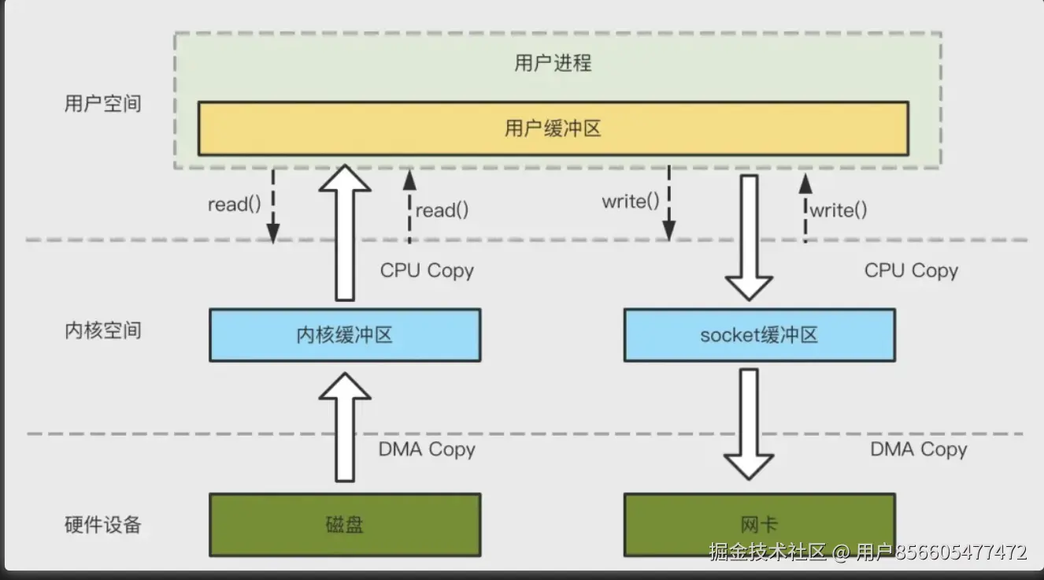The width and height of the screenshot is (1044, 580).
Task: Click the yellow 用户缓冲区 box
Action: point(553,128)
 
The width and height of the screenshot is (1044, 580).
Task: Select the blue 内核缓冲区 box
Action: point(345,335)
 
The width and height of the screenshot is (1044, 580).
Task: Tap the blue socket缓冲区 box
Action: point(759,335)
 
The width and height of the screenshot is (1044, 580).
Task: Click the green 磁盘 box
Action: point(345,525)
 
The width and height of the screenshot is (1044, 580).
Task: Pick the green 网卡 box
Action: point(759,525)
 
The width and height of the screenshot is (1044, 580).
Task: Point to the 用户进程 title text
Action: point(553,63)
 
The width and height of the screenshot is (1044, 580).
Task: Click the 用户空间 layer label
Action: point(103,103)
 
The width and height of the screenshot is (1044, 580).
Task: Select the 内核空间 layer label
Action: point(103,330)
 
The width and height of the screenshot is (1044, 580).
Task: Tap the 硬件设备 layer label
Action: point(103,525)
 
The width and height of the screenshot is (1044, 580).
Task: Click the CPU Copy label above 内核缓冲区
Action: point(427,270)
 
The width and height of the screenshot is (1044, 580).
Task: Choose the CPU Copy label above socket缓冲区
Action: point(911,270)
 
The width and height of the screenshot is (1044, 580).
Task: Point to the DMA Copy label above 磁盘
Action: point(427,449)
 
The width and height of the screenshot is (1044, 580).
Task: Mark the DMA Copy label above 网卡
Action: point(919,449)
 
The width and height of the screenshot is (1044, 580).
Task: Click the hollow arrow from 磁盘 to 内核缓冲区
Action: point(345,427)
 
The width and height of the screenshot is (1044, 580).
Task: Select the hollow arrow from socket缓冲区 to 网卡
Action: point(749,424)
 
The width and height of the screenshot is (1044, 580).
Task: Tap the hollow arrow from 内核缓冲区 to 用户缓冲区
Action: point(345,232)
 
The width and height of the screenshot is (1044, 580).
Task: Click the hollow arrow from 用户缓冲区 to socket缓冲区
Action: point(749,237)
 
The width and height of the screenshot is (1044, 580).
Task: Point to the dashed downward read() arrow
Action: point(273,206)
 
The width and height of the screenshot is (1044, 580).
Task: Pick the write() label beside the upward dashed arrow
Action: point(839,210)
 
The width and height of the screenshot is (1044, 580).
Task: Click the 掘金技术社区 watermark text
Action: point(767,552)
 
